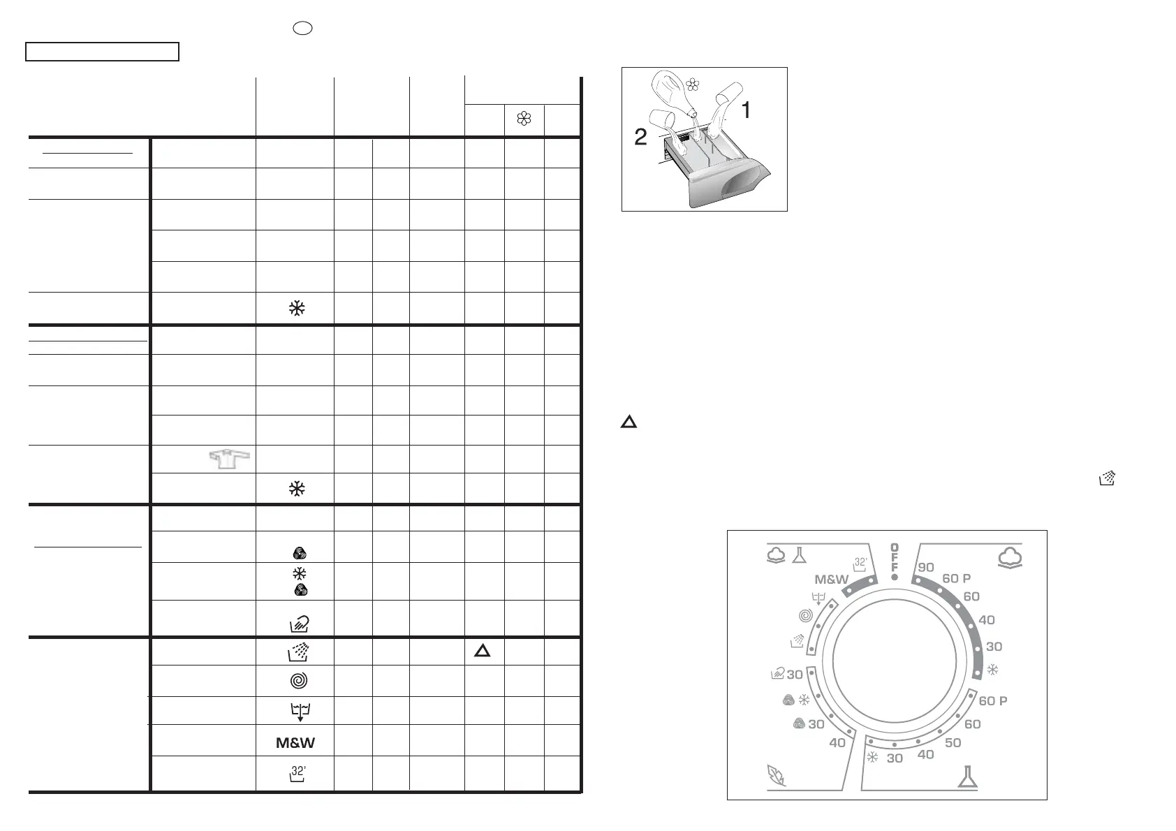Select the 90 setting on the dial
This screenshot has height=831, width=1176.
[926, 567]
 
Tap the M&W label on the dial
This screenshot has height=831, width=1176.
[831, 579]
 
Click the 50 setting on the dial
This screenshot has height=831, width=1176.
[953, 742]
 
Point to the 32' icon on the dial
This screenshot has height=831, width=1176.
[860, 565]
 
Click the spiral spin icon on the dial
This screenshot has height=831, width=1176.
[805, 617]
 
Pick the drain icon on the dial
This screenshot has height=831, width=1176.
[818, 598]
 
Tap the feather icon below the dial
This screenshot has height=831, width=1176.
[776, 775]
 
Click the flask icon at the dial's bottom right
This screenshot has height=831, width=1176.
[967, 777]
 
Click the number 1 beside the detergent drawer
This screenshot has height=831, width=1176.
[745, 110]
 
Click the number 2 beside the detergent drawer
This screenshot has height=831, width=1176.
[640, 138]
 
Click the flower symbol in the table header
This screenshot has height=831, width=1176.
[524, 119]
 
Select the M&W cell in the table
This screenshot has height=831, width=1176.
[295, 743]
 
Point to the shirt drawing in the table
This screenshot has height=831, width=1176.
[230, 459]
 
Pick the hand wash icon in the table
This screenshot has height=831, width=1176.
[297, 622]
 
